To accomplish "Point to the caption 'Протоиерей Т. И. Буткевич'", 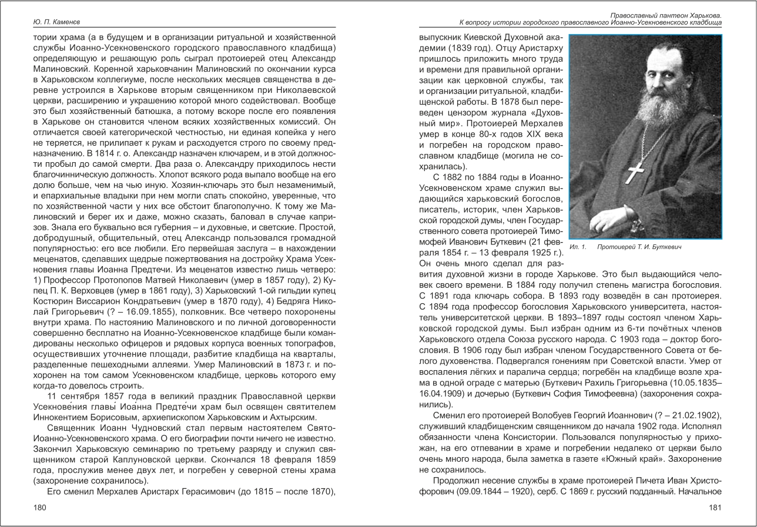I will point(639,247).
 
